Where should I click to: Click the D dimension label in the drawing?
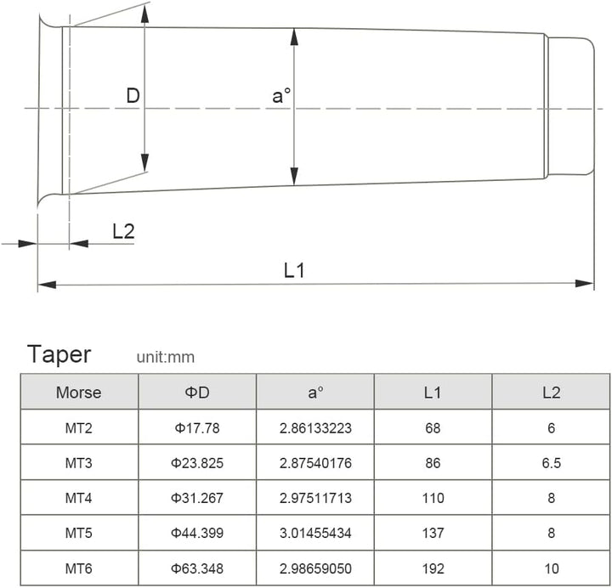[133, 95]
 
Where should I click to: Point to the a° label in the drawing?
[281, 96]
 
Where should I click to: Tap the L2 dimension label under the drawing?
[123, 231]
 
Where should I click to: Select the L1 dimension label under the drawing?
[294, 270]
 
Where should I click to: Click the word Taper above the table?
[59, 353]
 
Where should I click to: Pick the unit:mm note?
[165, 358]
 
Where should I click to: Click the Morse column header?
[78, 393]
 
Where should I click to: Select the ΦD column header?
[196, 393]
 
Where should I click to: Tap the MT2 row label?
[78, 428]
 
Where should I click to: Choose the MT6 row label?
[78, 568]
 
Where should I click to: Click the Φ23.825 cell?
[196, 463]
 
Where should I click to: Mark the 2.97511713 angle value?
[315, 498]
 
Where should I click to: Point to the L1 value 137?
[433, 533]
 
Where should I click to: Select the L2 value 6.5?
[551, 463]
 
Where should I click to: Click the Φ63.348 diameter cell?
[196, 568]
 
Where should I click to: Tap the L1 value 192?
[433, 568]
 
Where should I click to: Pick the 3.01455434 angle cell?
[315, 533]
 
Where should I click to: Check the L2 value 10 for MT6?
[551, 568]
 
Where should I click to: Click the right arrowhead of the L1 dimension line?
[586, 284]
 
